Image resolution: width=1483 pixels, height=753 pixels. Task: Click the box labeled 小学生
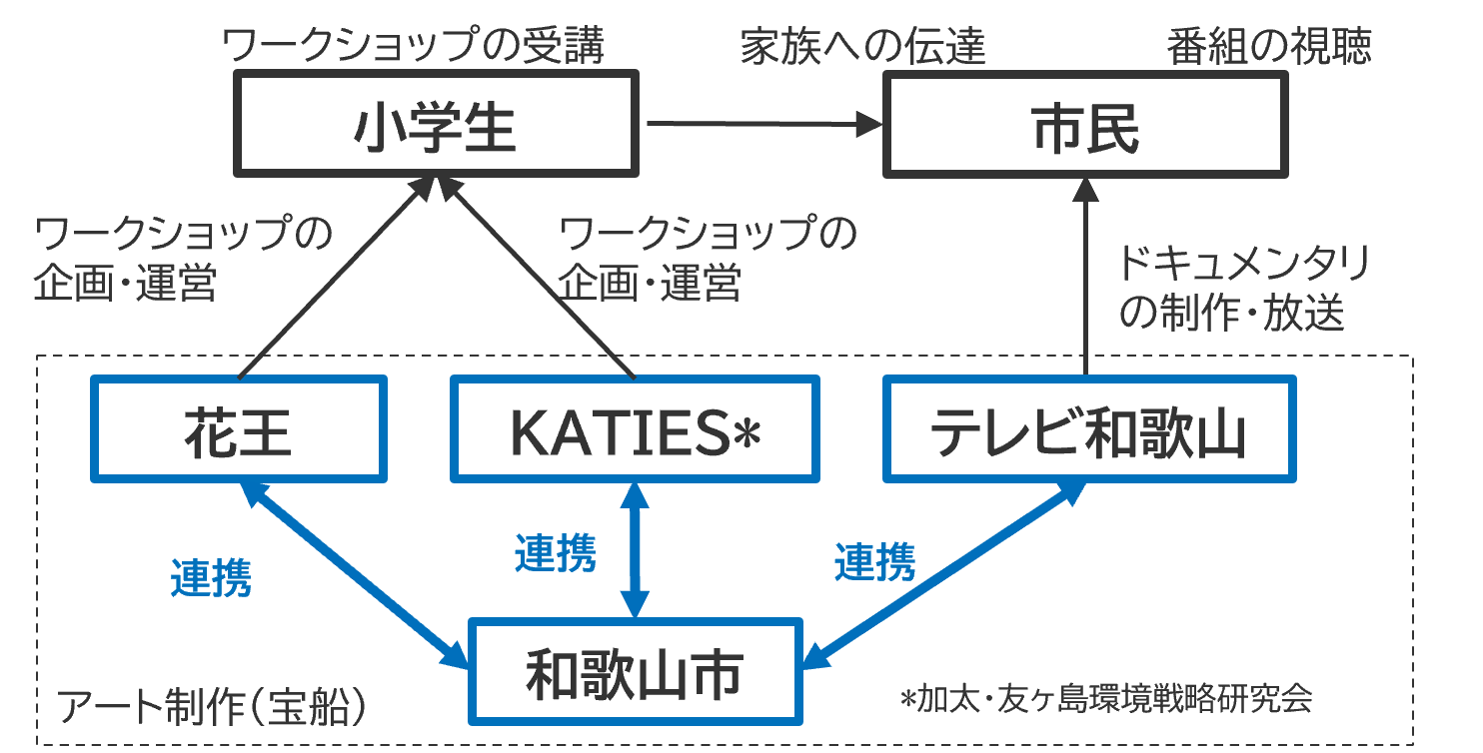(x=436, y=123)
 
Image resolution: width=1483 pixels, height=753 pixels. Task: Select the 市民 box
(x=1085, y=123)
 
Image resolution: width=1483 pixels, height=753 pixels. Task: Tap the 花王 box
(x=238, y=428)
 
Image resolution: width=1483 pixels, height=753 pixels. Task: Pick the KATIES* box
(x=634, y=428)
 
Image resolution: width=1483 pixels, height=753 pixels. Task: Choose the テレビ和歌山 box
(x=1089, y=428)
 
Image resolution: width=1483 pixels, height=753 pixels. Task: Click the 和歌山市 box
(x=635, y=670)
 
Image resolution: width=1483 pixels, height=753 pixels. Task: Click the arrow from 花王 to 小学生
(x=330, y=280)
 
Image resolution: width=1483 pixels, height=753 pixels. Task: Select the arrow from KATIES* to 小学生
(x=540, y=280)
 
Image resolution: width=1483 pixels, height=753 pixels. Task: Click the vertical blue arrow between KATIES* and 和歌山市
(x=635, y=549)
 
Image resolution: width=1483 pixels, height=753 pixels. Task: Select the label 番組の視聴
(x=1269, y=46)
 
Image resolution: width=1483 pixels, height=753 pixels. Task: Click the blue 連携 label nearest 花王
(x=211, y=578)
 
